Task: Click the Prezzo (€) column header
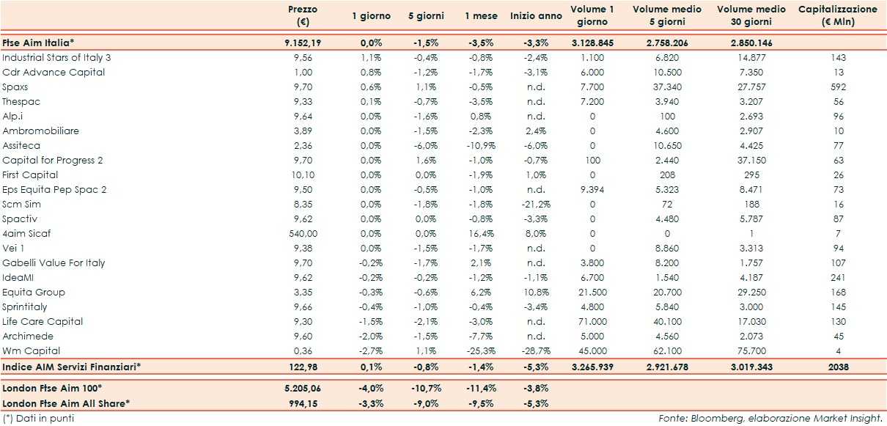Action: (x=303, y=15)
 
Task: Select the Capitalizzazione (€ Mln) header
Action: (x=837, y=15)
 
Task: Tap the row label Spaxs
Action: (x=15, y=87)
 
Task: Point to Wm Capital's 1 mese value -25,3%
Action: (x=482, y=350)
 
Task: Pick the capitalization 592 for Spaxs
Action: (x=839, y=87)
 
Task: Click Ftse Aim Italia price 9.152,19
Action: (x=303, y=43)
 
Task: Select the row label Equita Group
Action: (x=34, y=292)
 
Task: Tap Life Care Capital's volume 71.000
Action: (x=592, y=321)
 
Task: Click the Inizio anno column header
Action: (x=536, y=15)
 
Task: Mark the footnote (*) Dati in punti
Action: (x=38, y=418)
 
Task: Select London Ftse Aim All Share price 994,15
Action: (x=303, y=403)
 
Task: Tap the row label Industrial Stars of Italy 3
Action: (x=56, y=57)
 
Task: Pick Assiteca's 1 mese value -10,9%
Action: (x=482, y=145)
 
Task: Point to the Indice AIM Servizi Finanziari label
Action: (x=72, y=367)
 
